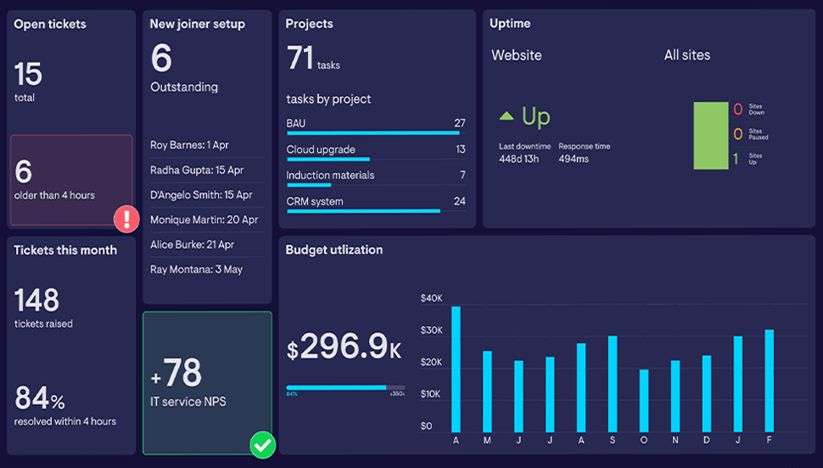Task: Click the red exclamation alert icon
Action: click(x=126, y=219)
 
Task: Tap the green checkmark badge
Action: click(x=263, y=444)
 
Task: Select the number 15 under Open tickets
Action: click(x=28, y=75)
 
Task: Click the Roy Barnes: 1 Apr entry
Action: click(x=189, y=145)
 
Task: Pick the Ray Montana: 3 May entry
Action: click(x=196, y=269)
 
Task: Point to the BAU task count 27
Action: click(x=460, y=123)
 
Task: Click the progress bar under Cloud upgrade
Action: click(x=328, y=159)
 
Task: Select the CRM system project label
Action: click(x=315, y=201)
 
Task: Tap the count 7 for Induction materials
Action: click(x=462, y=175)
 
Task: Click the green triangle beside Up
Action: click(x=507, y=116)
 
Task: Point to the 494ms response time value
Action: click(x=574, y=159)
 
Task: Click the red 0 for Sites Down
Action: click(x=737, y=110)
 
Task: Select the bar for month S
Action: click(x=613, y=384)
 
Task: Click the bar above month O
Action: click(x=644, y=400)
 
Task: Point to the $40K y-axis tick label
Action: click(x=432, y=298)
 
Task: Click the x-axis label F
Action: click(x=769, y=440)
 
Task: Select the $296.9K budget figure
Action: click(x=344, y=347)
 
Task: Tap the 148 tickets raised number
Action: click(x=37, y=300)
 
